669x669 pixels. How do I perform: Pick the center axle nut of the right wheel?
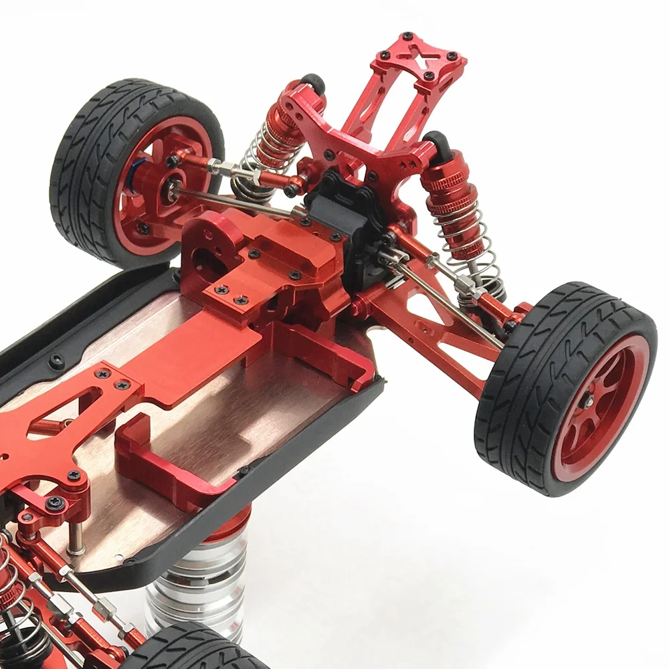pyautogui.click(x=589, y=401)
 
